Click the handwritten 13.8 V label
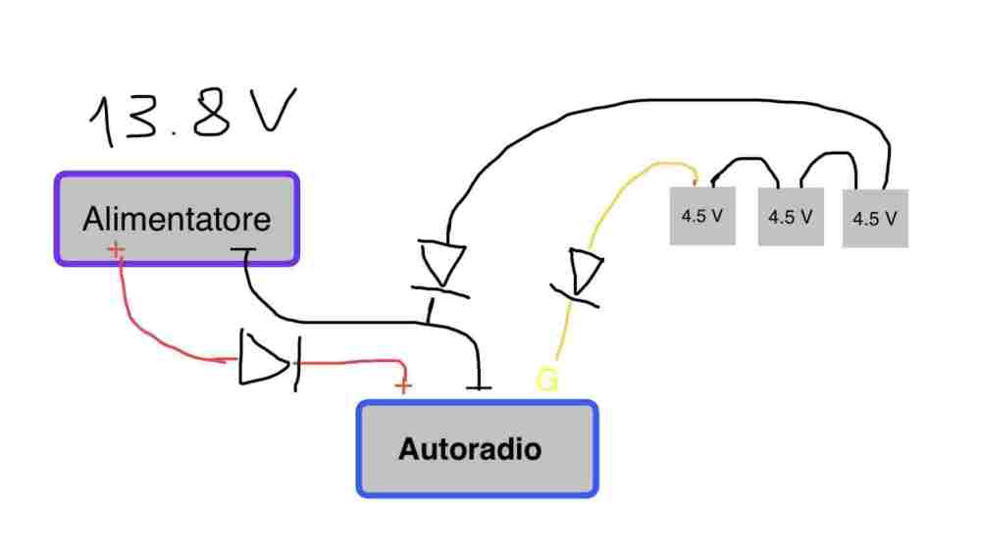point(191,118)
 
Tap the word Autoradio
point(470,449)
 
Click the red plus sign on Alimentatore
point(117,251)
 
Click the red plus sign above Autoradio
point(402,385)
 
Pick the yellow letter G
point(546,380)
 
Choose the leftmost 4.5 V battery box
point(702,216)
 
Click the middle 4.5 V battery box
point(789,217)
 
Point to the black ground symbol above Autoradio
point(479,385)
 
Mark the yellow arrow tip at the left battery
point(695,178)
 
